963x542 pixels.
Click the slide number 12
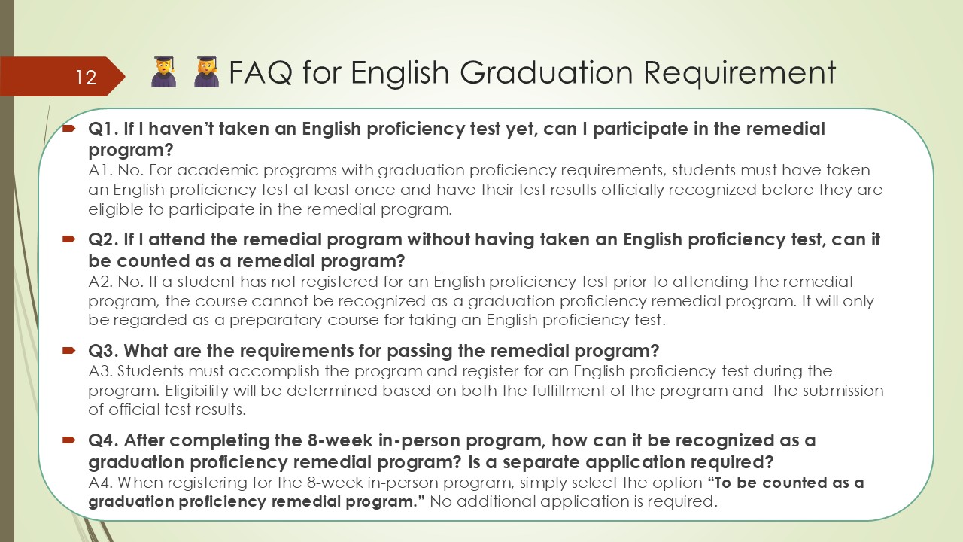click(x=86, y=78)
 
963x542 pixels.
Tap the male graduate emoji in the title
click(x=164, y=72)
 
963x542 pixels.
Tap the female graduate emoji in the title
click(x=206, y=72)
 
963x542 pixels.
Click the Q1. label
click(x=103, y=129)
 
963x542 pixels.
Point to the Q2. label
click(x=103, y=239)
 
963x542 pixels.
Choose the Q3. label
click(x=103, y=351)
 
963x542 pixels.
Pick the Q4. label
click(x=103, y=440)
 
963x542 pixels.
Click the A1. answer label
click(x=100, y=170)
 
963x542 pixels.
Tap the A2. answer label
click(x=101, y=282)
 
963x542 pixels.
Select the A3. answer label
click(x=101, y=371)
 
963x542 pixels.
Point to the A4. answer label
click(x=101, y=483)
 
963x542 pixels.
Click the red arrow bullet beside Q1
click(x=68, y=128)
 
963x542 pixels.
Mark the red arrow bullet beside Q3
click(x=68, y=351)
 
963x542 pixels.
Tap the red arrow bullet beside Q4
click(x=68, y=440)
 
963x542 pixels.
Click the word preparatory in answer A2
click(x=275, y=321)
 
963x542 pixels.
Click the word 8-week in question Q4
click(x=340, y=440)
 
